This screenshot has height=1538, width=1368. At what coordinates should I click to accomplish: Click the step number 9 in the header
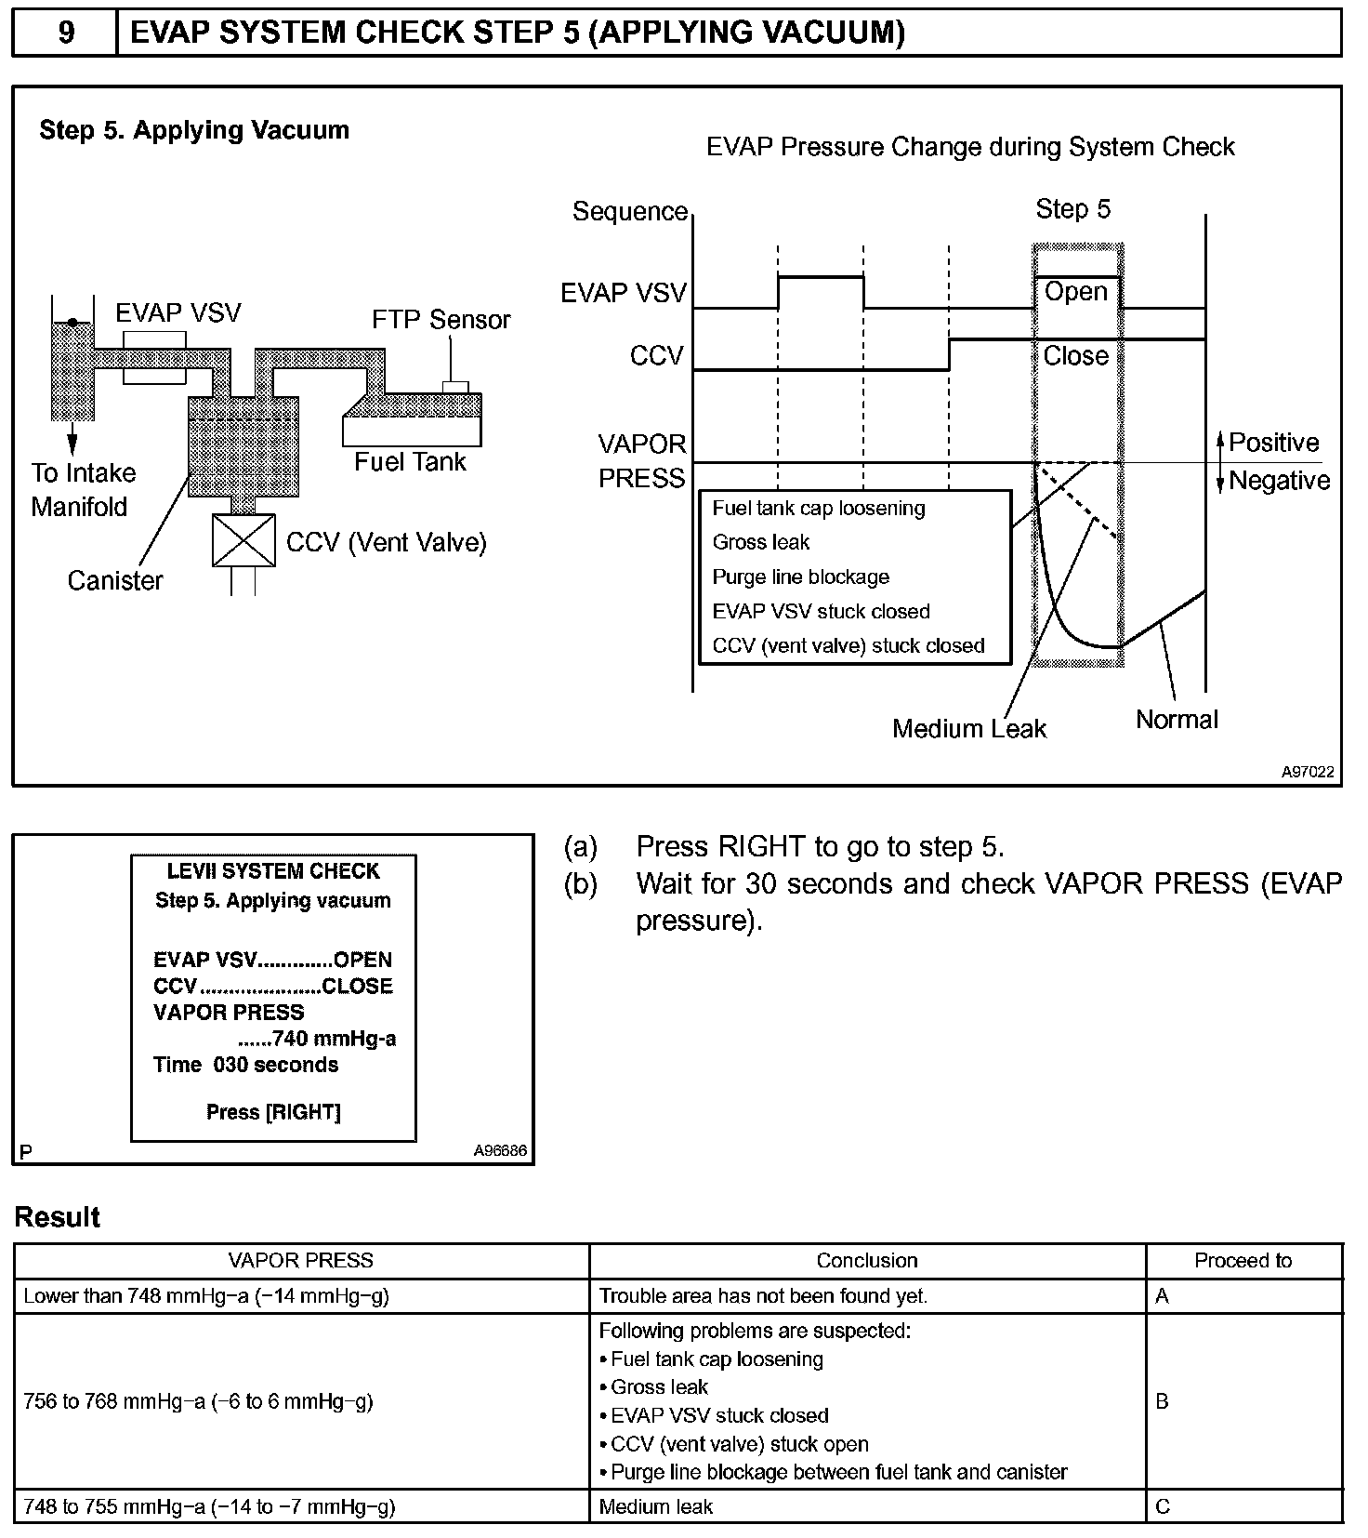tap(66, 33)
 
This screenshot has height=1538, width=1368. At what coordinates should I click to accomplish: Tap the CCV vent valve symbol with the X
tap(243, 540)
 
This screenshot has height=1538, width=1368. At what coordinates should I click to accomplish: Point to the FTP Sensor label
tap(441, 320)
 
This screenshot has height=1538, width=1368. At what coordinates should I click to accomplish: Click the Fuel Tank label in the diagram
tap(410, 462)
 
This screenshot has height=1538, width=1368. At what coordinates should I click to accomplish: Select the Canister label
tap(115, 581)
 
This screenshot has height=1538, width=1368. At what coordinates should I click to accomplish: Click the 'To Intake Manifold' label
tap(83, 490)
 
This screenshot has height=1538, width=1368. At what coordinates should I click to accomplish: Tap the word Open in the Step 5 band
tap(1075, 292)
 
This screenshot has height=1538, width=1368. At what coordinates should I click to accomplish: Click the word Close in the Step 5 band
tap(1075, 356)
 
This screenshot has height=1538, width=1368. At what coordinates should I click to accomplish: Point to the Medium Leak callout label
tap(968, 729)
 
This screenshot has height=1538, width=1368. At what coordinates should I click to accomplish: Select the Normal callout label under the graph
tap(1177, 720)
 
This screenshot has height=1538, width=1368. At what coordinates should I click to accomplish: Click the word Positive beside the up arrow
tap(1273, 443)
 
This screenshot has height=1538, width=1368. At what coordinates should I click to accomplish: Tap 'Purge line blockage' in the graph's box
tap(800, 577)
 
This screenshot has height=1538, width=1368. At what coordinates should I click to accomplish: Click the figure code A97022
tap(1308, 772)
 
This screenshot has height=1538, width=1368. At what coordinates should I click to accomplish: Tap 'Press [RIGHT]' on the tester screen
tap(273, 1112)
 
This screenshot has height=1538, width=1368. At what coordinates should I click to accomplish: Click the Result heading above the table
tap(58, 1217)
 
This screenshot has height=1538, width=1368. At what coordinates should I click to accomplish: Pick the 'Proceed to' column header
tap(1243, 1261)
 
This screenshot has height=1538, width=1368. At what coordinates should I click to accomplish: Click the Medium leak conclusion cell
tap(656, 1506)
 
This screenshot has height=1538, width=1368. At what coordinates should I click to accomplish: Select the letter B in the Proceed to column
tap(1163, 1401)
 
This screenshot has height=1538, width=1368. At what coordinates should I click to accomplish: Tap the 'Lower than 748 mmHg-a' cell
tap(206, 1296)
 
